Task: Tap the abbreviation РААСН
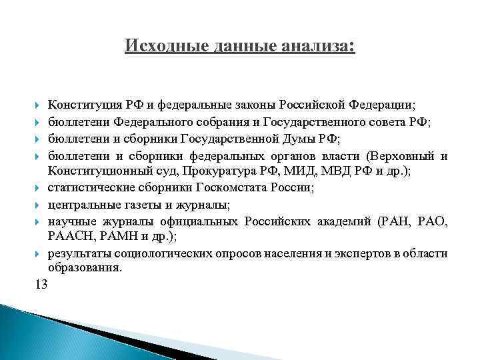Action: click(67, 236)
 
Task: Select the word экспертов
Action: click(368, 253)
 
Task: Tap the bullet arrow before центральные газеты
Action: click(37, 205)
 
